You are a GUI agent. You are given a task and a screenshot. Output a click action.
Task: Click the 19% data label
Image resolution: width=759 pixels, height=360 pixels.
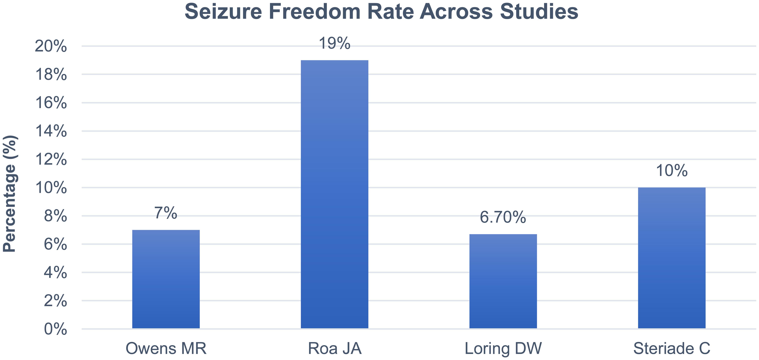click(x=334, y=44)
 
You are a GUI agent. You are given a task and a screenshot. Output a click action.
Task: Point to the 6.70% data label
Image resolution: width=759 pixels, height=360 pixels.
click(x=503, y=217)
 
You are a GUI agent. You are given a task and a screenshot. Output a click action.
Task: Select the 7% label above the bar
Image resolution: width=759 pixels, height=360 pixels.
click(x=166, y=213)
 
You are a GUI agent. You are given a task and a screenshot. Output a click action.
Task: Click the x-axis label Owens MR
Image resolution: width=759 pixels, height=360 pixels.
click(x=166, y=348)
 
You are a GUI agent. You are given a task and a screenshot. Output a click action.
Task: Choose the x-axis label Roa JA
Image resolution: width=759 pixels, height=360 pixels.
click(x=334, y=348)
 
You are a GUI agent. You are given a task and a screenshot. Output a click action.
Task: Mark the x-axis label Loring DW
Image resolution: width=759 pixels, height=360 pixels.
click(x=503, y=348)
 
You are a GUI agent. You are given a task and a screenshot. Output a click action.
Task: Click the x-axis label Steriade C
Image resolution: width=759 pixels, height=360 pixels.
click(x=672, y=348)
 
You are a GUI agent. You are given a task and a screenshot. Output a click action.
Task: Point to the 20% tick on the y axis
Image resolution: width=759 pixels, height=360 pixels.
click(x=51, y=46)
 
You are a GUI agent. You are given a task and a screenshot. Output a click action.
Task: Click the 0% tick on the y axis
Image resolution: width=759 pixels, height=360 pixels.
click(x=55, y=329)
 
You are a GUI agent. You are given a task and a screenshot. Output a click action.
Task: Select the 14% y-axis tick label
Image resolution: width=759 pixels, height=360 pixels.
click(x=51, y=131)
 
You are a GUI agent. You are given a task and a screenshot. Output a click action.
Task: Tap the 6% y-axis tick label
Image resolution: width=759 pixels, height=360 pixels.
click(x=55, y=244)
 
